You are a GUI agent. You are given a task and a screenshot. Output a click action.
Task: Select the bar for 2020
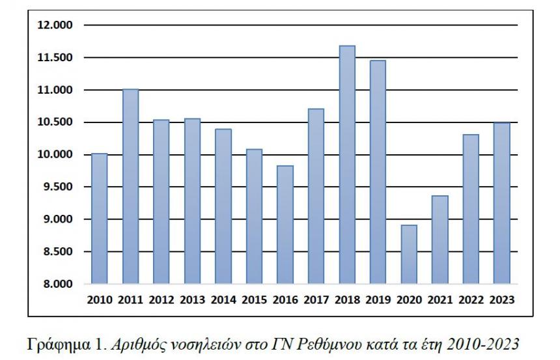(x=409, y=255)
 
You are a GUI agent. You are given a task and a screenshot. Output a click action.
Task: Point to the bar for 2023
(x=501, y=203)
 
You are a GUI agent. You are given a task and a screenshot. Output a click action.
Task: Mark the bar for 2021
(x=440, y=240)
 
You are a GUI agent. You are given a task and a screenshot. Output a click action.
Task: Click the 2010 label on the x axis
(x=99, y=300)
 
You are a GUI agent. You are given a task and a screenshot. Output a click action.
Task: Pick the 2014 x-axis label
(x=223, y=300)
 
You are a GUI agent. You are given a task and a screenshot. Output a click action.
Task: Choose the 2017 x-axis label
(x=316, y=300)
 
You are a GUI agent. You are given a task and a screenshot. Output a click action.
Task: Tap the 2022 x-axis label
(x=470, y=300)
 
